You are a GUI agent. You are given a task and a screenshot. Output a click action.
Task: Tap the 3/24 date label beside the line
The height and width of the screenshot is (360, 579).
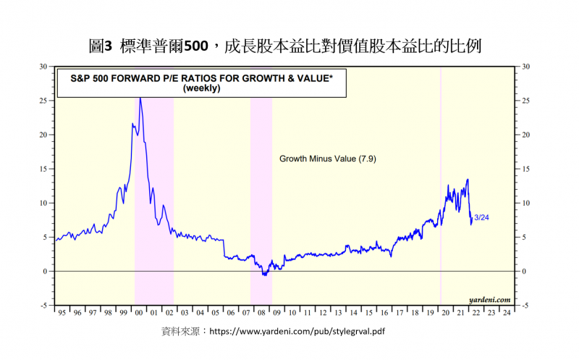pyautogui.click(x=481, y=217)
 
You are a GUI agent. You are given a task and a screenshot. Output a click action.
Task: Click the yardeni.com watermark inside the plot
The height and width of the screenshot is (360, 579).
pyautogui.click(x=489, y=299)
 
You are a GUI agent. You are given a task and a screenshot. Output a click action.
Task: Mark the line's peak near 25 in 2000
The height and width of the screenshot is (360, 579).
pyautogui.click(x=140, y=98)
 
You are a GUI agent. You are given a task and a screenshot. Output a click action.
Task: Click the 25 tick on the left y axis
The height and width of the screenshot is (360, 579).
pyautogui.click(x=43, y=101)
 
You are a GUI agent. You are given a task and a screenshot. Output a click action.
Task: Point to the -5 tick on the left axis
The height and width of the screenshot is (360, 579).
pyautogui.click(x=43, y=306)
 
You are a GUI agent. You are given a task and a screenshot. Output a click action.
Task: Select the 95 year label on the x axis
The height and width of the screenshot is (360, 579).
pyautogui.click(x=62, y=313)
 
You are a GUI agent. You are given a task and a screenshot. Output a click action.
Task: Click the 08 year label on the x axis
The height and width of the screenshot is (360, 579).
pyautogui.click(x=261, y=313)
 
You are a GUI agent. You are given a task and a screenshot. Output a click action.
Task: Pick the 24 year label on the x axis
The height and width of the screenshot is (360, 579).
pyautogui.click(x=506, y=313)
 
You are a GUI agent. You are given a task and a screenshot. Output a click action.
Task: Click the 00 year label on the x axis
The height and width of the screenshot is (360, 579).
pyautogui.click(x=139, y=313)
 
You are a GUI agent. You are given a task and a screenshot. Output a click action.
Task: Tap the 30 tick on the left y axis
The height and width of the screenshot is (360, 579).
pyautogui.click(x=43, y=67)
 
